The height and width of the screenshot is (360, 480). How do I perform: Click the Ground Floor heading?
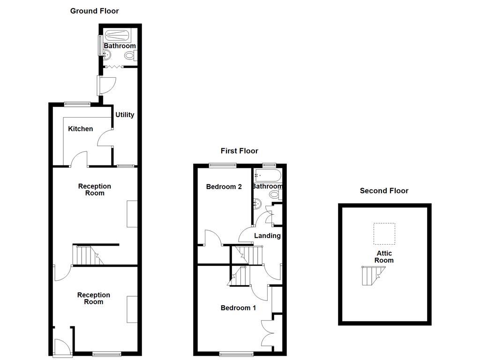tap(94, 11)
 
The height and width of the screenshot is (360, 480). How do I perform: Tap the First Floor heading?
tap(240, 151)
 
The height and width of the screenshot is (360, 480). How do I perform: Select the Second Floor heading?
tap(384, 191)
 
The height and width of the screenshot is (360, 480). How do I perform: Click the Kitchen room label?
tap(81, 129)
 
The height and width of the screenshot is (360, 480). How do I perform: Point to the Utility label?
tap(125, 115)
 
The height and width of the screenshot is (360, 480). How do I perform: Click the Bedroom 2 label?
tap(224, 187)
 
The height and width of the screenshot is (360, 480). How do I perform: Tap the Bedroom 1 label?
tap(239, 308)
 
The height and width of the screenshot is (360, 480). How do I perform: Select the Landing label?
tap(267, 236)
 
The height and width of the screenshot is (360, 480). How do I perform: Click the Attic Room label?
tap(384, 257)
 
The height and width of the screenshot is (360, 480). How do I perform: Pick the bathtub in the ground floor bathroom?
tap(117, 36)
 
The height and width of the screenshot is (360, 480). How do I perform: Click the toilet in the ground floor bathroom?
tap(130, 56)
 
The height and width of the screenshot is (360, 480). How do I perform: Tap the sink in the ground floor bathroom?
tap(106, 55)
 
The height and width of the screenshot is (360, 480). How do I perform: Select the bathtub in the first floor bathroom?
tap(267, 176)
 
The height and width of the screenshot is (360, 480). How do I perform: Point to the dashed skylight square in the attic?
tap(384, 233)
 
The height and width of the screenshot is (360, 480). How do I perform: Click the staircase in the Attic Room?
tap(373, 275)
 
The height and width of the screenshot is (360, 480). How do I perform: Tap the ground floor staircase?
tap(88, 255)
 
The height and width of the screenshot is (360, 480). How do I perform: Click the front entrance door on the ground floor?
tap(62, 347)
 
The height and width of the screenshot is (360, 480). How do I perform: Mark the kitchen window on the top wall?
tap(77, 104)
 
